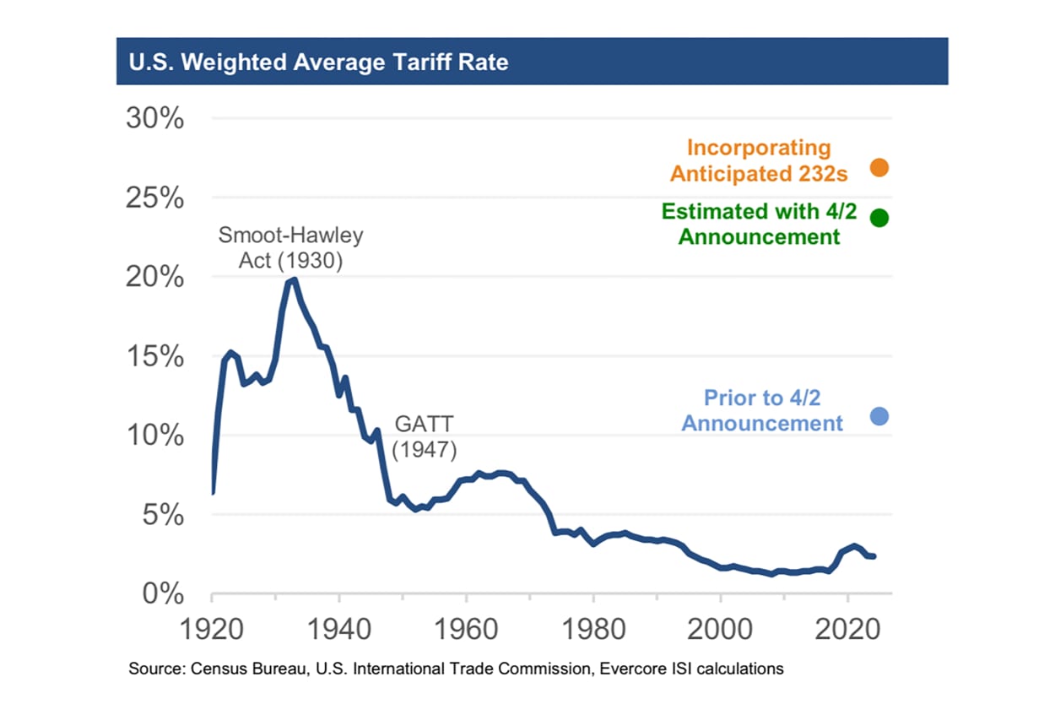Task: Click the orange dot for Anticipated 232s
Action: pyautogui.click(x=879, y=167)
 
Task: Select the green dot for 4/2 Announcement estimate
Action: pyautogui.click(x=879, y=218)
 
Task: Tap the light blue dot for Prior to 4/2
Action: pyautogui.click(x=879, y=416)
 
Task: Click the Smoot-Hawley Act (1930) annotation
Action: pyautogui.click(x=290, y=248)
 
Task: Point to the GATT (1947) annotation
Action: pyautogui.click(x=425, y=436)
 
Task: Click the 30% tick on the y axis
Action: pyautogui.click(x=154, y=118)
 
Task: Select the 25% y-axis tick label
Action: pyautogui.click(x=154, y=198)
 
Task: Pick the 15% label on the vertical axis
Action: pyautogui.click(x=154, y=356)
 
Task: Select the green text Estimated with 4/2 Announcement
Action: pyautogui.click(x=759, y=224)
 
